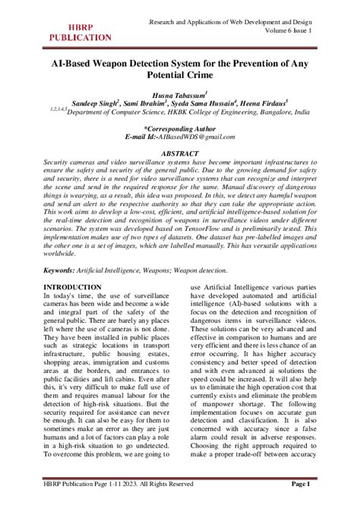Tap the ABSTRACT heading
point(180,153)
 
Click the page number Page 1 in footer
point(301,483)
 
